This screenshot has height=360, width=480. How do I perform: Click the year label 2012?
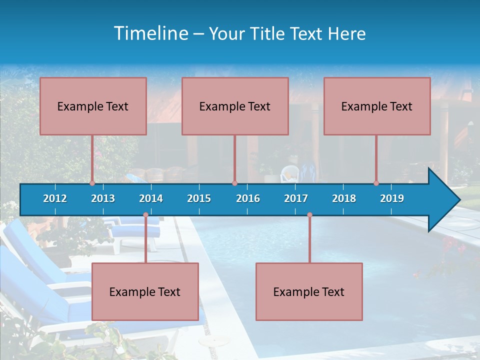coord(55,198)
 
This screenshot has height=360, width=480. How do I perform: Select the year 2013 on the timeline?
coord(103,198)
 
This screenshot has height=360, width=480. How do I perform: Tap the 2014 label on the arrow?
coord(151,198)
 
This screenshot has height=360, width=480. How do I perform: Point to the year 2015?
coord(199,198)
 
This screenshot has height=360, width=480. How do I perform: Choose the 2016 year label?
coord(248,198)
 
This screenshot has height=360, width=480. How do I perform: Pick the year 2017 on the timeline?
coord(296,198)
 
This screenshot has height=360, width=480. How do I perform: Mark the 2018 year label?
coord(344,198)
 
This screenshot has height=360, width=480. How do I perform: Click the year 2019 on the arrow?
coord(392,198)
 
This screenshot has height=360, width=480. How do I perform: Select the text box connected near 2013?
coord(93,106)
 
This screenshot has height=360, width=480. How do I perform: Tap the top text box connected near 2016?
coord(235,106)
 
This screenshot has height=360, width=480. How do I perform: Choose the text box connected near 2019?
coord(377,106)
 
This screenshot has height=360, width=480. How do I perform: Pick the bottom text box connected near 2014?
coord(145,291)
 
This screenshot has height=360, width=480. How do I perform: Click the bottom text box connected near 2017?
coord(309,291)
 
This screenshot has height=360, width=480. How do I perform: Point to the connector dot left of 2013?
coord(92,183)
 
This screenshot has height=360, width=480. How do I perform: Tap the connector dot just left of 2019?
coord(376,183)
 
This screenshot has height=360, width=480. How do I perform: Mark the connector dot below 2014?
coord(145,215)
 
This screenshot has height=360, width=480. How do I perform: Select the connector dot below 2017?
coord(309,215)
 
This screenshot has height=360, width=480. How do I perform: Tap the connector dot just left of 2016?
coord(234,183)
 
